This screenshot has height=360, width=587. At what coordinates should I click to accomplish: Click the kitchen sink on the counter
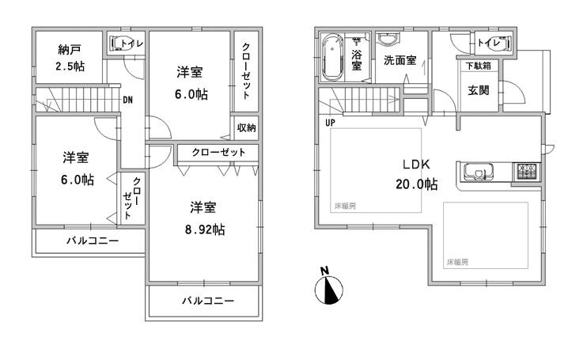(x=477, y=170)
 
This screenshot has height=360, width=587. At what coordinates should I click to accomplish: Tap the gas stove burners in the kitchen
(x=526, y=170)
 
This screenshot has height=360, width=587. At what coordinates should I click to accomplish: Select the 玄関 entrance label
(x=479, y=90)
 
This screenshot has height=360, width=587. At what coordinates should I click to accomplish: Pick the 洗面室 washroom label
(x=400, y=60)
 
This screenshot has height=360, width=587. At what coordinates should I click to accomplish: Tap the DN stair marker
(x=127, y=100)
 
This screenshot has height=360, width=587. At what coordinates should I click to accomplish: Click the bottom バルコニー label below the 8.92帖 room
(x=208, y=301)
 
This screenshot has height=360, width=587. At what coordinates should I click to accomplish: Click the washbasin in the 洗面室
(x=388, y=40)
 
